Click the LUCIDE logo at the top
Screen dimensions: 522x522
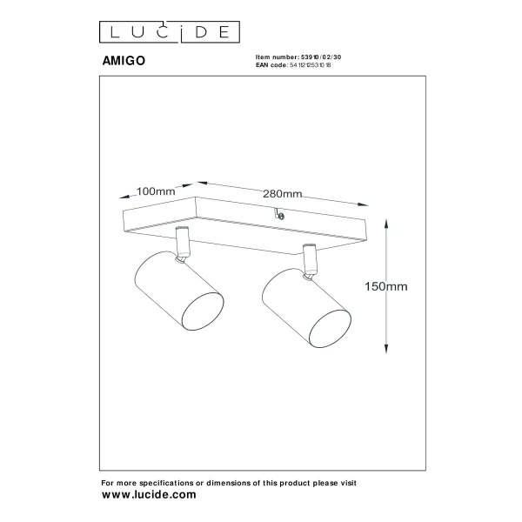click(170, 32)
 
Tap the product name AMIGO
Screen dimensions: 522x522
click(124, 61)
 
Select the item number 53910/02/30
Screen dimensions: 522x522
click(321, 57)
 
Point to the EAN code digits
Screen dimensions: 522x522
click(311, 65)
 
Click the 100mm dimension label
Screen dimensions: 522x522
click(156, 191)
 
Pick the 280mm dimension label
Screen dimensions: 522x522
click(282, 194)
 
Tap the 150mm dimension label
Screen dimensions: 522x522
click(385, 286)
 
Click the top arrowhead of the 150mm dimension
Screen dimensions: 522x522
click(386, 224)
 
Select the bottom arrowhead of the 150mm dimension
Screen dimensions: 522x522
click(386, 349)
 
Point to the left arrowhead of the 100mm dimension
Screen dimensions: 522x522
click(124, 197)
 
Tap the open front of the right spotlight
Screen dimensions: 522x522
click(330, 329)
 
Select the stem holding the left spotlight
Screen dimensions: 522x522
click(183, 244)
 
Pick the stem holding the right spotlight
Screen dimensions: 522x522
click(309, 260)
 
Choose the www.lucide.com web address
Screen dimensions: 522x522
click(149, 495)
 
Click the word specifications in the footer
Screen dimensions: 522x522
click(166, 483)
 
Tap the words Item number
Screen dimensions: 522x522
click(278, 57)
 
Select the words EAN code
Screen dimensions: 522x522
click(271, 65)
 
